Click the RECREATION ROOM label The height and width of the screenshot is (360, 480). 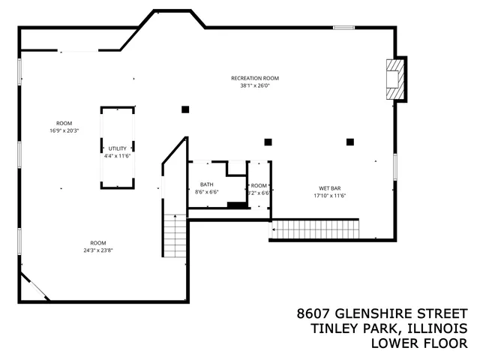[255, 78]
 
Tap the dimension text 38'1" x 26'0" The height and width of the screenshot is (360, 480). [255, 85]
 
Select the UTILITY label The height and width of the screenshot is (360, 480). [118, 148]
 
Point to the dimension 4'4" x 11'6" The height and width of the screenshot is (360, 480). [118, 156]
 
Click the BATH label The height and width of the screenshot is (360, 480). [206, 184]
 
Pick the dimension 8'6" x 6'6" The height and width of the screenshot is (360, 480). [206, 192]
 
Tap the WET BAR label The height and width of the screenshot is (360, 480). [331, 187]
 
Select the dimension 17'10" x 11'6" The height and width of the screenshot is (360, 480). [331, 195]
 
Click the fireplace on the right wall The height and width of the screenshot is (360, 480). [394, 79]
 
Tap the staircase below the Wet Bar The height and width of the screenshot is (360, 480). [315, 229]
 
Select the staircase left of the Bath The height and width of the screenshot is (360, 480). [174, 235]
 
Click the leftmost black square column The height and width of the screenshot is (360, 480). [184, 109]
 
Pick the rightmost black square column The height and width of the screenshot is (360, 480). [349, 141]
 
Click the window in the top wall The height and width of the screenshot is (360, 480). [343, 28]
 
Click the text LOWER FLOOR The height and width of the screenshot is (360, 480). [419, 343]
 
